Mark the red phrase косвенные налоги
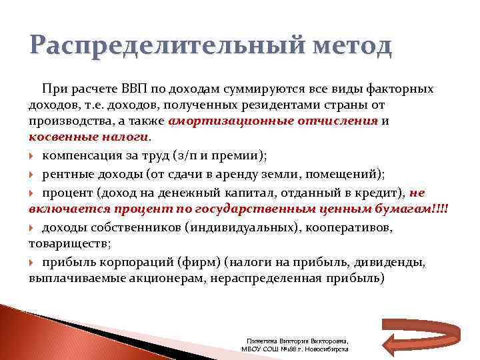click(x=89, y=137)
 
